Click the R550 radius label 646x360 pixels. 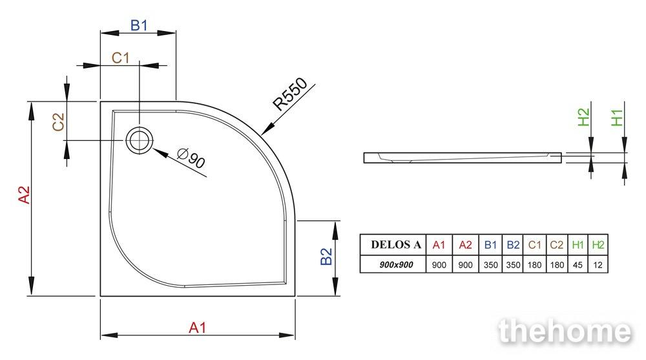(290, 94)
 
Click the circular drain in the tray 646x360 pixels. (140, 140)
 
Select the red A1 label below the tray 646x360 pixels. (197, 328)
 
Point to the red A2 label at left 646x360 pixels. (25, 195)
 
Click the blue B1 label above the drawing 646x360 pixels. (139, 26)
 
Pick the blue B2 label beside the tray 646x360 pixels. (326, 257)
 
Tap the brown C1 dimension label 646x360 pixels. (120, 58)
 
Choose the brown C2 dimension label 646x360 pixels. (59, 122)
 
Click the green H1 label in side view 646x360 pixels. (617, 118)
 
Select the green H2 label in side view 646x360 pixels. (583, 117)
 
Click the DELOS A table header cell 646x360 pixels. (396, 245)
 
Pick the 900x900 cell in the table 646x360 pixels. (396, 265)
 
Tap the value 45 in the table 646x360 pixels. (578, 265)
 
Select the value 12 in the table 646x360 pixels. (598, 265)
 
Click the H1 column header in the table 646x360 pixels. (578, 245)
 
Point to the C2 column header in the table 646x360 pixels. (557, 245)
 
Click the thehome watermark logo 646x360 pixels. (564, 331)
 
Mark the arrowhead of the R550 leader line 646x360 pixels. (266, 129)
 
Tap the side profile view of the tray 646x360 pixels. (463, 158)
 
